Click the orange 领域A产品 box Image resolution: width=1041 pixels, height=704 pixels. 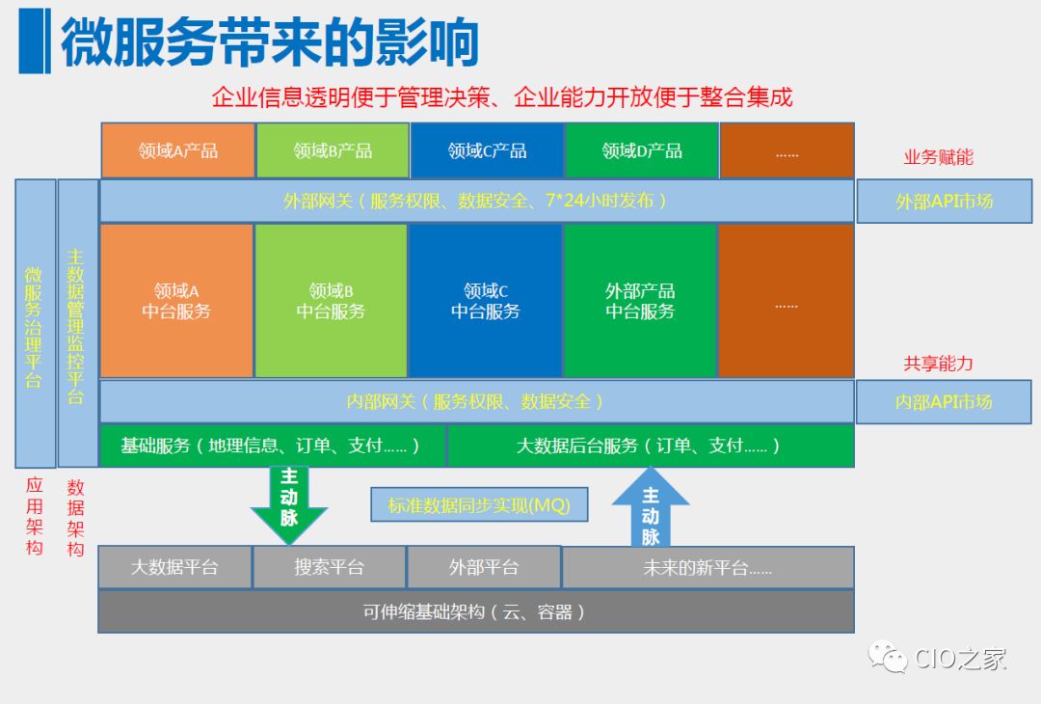(177, 150)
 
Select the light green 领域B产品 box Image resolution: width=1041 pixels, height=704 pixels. (333, 150)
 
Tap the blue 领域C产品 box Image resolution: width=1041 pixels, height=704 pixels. (487, 150)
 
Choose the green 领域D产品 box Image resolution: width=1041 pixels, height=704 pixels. (642, 150)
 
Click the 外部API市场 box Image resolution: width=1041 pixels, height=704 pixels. (944, 202)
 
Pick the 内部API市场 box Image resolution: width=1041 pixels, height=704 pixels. (944, 401)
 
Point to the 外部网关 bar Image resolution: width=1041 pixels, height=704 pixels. (476, 201)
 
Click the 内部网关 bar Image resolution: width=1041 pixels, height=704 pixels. (476, 401)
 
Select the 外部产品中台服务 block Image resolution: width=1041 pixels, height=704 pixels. (640, 301)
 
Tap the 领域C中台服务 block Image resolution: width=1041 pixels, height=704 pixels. (486, 301)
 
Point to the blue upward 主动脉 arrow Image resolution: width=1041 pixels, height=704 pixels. (651, 507)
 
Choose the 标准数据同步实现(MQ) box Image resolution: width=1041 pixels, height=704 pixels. (479, 504)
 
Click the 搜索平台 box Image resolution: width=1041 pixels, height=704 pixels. (329, 567)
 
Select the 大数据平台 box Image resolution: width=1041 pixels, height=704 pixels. (174, 567)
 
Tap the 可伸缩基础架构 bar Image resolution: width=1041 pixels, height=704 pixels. (476, 611)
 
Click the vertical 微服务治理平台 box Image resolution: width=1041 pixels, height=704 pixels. (35, 323)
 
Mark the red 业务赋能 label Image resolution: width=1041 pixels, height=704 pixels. (938, 157)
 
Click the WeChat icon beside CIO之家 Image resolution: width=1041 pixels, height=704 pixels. (888, 658)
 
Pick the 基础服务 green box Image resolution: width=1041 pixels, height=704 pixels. (273, 447)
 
